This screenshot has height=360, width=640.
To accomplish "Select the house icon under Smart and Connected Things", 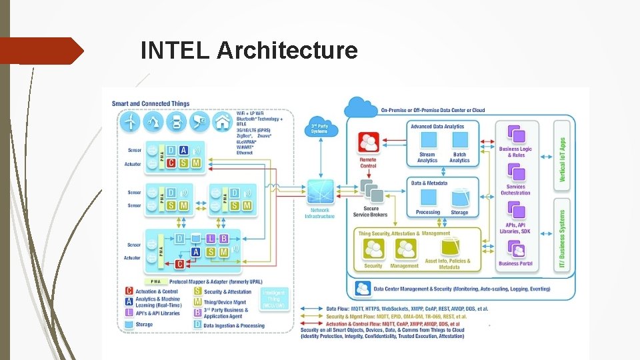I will click(x=221, y=121).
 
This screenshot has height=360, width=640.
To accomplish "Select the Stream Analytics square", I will click(x=427, y=140).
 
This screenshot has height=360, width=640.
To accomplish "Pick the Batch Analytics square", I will click(x=459, y=140).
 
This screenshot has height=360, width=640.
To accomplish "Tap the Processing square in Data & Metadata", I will click(x=427, y=198).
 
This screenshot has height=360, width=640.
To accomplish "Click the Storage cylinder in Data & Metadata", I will click(x=459, y=198).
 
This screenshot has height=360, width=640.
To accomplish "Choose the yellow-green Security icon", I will click(x=373, y=249).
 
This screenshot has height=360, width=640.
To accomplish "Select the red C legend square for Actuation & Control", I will click(x=129, y=291).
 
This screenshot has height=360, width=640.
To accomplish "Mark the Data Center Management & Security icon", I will click(x=363, y=289).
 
